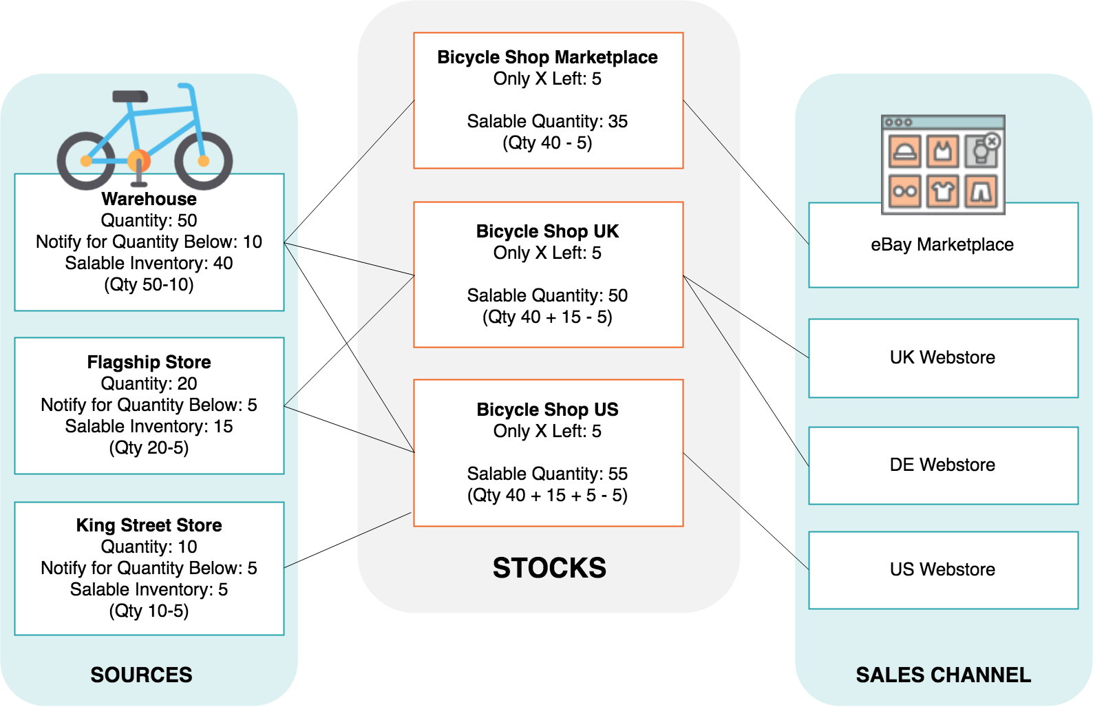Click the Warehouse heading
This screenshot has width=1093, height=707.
click(149, 199)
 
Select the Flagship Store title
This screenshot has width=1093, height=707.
click(149, 362)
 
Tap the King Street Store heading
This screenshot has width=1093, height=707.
click(149, 525)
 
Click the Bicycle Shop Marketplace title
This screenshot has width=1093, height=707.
click(547, 57)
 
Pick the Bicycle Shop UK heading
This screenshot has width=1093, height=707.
click(547, 231)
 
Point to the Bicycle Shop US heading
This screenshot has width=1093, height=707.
click(547, 410)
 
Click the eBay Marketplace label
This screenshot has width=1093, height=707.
click(942, 244)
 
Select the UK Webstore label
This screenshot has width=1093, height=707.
click(942, 357)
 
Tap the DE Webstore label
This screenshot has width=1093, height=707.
click(942, 465)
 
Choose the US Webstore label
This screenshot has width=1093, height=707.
click(942, 569)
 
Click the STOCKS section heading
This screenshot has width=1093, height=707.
click(549, 568)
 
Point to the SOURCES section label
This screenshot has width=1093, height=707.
click(142, 675)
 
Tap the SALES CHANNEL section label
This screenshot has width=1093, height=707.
click(943, 675)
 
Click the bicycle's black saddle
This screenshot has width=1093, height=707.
click(130, 96)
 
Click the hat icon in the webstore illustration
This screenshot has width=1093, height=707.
click(905, 151)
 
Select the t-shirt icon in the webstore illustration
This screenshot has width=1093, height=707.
click(943, 191)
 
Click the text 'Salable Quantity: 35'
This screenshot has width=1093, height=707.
click(547, 121)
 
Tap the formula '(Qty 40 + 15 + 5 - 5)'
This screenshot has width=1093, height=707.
click(547, 495)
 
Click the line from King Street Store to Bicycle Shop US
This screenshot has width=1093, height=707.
click(348, 540)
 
